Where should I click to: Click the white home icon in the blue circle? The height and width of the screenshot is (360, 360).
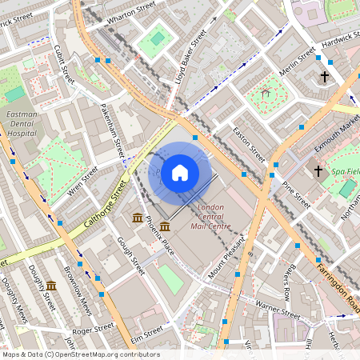tap(180, 172)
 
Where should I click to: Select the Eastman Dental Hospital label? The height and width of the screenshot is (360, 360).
tap(22, 125)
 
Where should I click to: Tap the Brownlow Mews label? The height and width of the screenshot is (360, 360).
tap(78, 290)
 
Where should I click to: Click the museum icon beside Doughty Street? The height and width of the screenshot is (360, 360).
tap(51, 286)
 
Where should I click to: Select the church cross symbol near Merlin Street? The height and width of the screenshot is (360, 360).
tap(324, 77)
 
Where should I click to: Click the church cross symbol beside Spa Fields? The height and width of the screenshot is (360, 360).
tap(318, 170)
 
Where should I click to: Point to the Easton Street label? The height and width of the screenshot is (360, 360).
tap(248, 142)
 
